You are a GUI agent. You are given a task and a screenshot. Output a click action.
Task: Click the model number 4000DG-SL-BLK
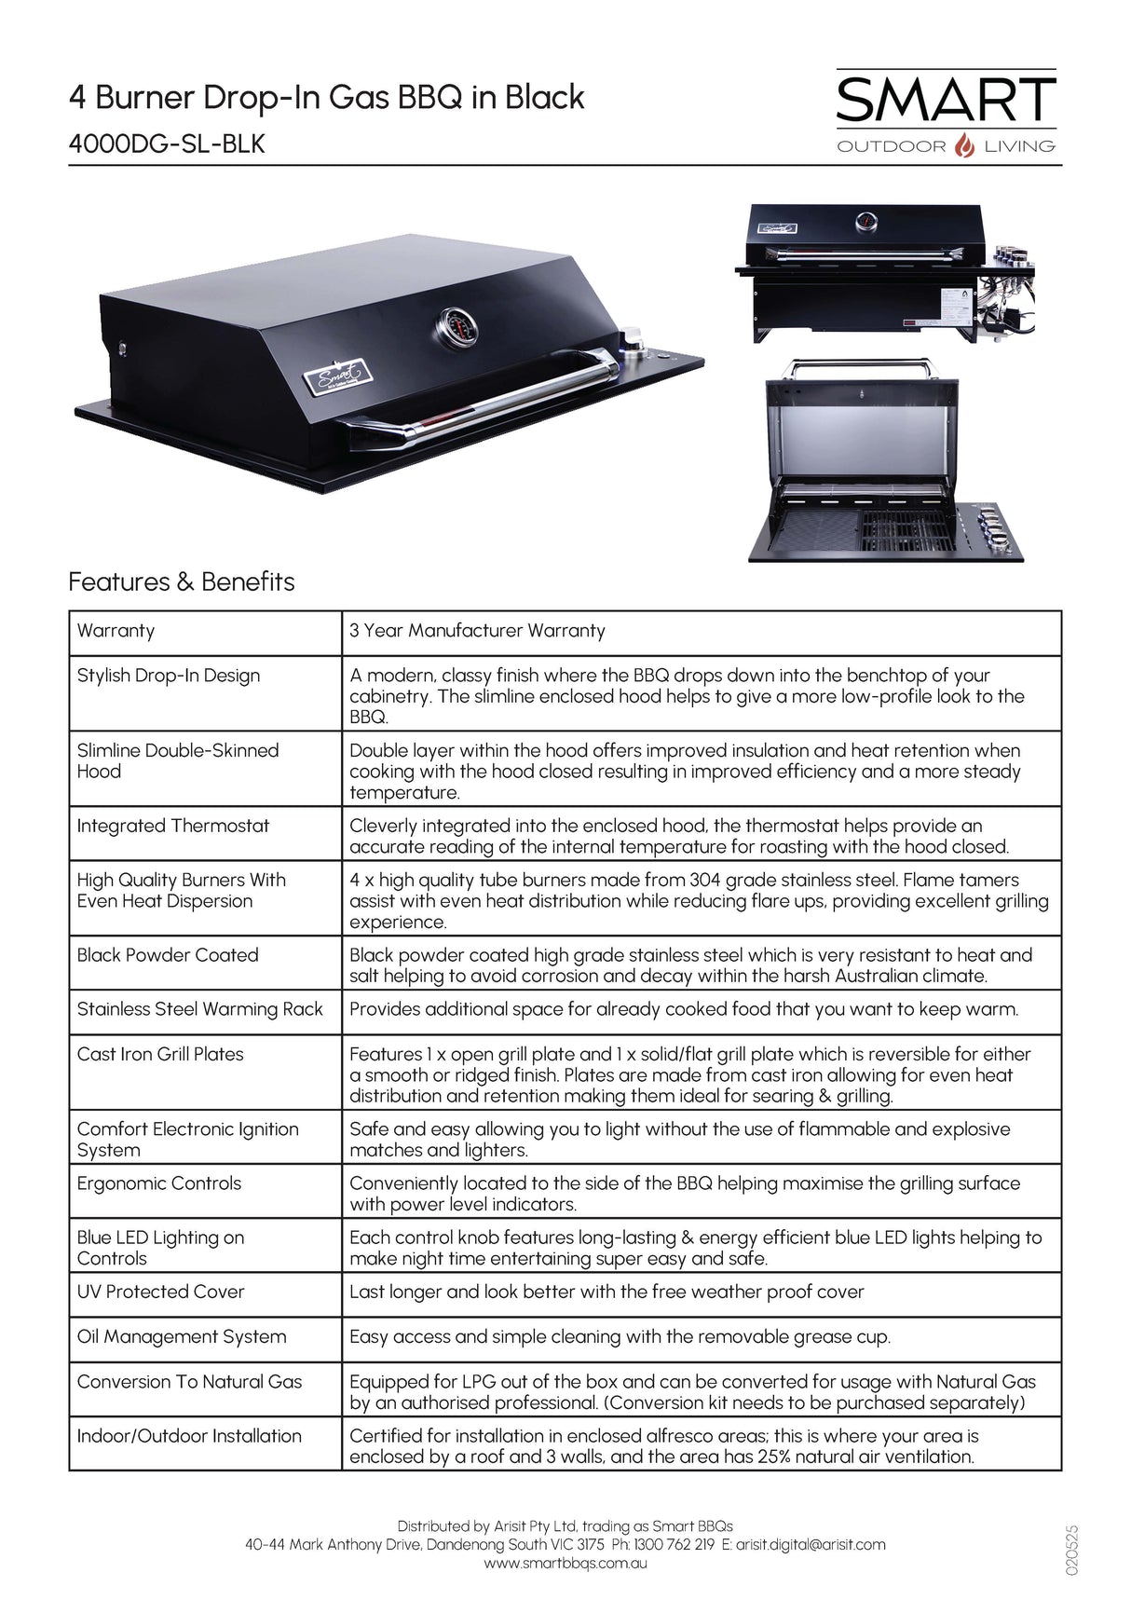(167, 144)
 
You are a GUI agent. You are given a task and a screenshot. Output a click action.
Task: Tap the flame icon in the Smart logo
(965, 146)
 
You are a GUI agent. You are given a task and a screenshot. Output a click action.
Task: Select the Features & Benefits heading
(182, 581)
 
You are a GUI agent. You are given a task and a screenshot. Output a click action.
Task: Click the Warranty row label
(116, 631)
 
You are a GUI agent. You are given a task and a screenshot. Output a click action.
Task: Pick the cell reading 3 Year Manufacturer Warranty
(477, 631)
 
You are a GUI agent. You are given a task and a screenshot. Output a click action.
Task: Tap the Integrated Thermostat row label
(173, 826)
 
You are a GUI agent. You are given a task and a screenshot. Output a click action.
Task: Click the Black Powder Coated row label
(168, 955)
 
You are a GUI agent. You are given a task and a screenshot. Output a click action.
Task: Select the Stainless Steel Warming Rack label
(199, 1009)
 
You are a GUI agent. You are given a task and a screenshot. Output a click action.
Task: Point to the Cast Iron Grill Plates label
(160, 1054)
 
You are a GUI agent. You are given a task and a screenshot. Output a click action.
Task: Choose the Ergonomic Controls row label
(159, 1183)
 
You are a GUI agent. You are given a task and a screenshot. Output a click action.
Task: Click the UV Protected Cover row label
(160, 1292)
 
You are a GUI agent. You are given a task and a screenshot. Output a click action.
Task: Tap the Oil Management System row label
(182, 1336)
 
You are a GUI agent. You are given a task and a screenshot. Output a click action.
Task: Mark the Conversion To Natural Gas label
(189, 1382)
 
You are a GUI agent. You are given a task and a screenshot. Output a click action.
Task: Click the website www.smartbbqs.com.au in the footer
(565, 1564)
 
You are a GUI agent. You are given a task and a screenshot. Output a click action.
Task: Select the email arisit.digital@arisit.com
(811, 1545)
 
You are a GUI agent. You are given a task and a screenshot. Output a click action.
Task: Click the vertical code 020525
(1071, 1550)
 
